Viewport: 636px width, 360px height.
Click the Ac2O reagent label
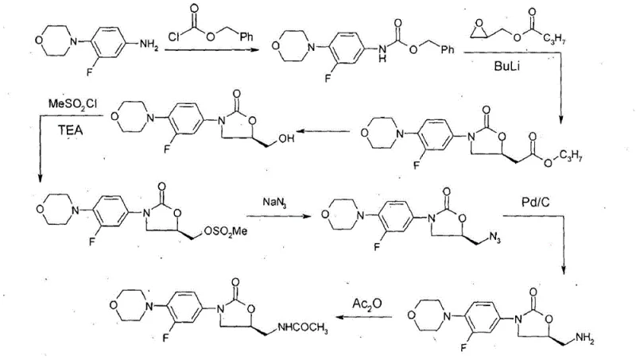point(366,303)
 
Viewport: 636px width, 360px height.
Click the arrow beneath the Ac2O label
point(365,317)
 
